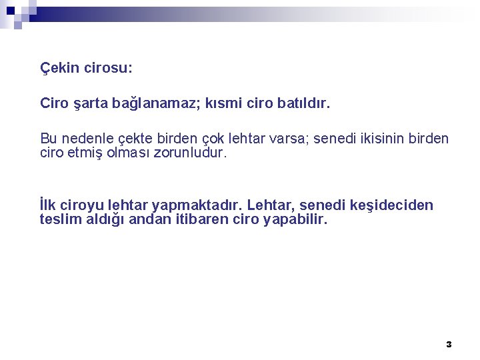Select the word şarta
[x=87, y=104]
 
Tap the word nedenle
[x=89, y=139]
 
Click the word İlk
[x=49, y=205]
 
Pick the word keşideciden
[x=390, y=205]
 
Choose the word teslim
[x=59, y=219]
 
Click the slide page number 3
[x=449, y=344]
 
